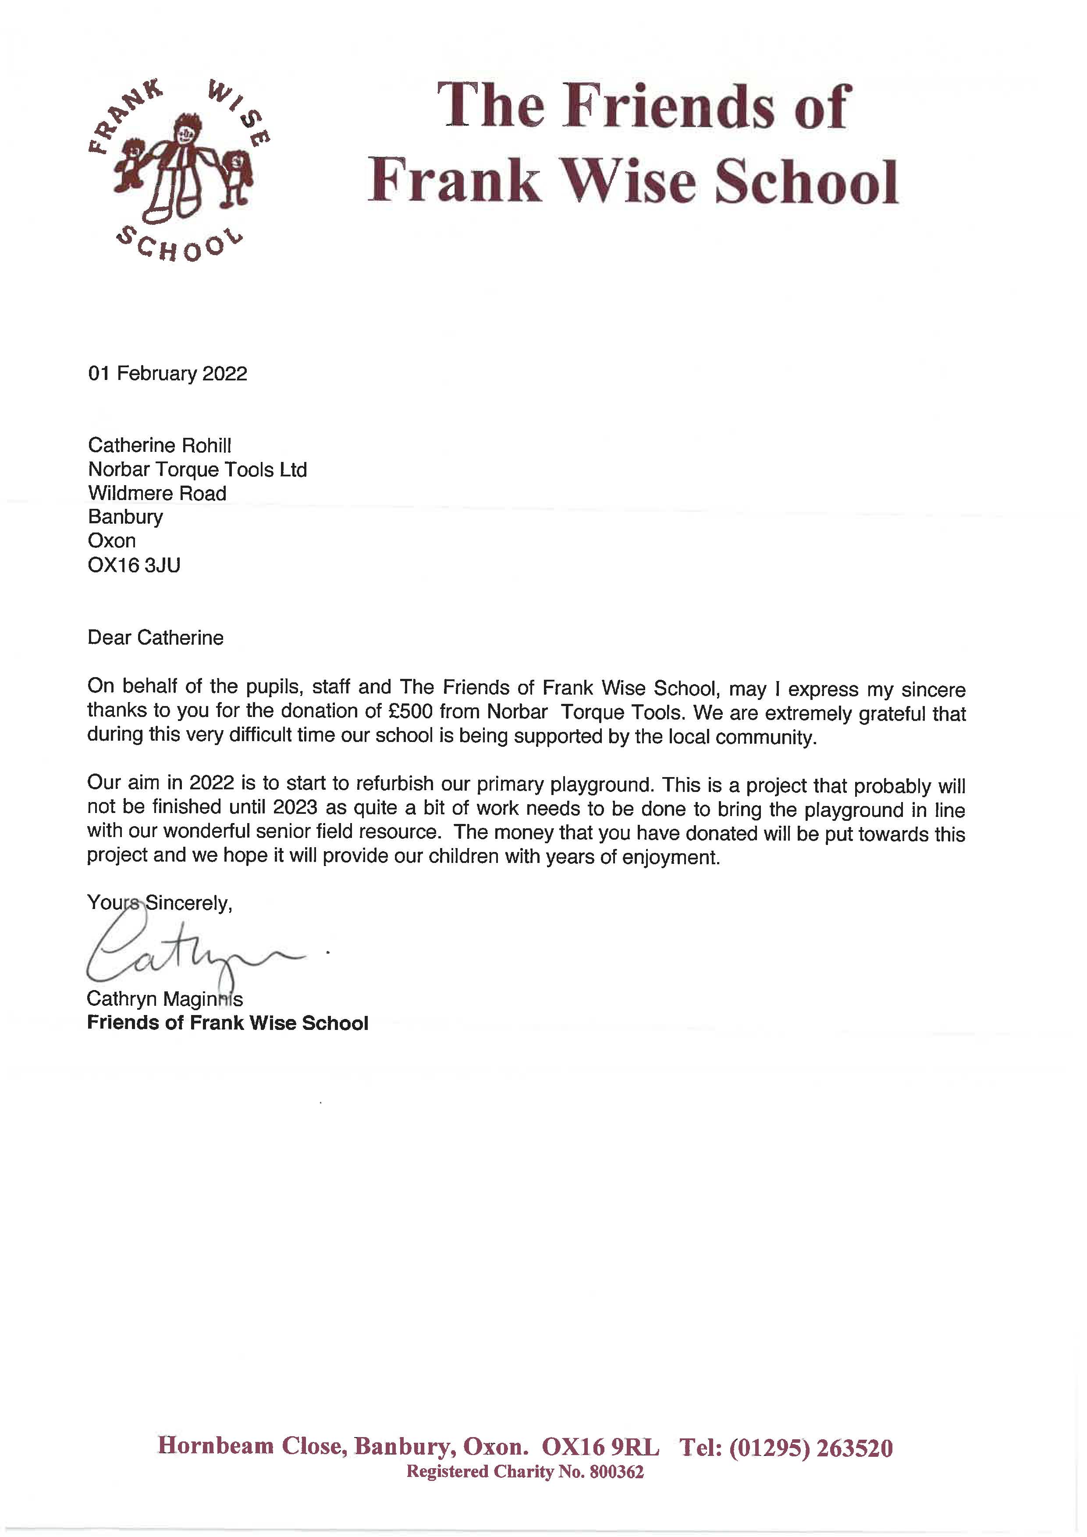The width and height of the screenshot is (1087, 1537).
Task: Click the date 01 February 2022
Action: [x=167, y=373]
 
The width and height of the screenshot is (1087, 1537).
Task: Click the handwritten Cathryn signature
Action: [x=194, y=951]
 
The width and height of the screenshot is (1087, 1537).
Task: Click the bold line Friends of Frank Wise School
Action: [x=227, y=1023]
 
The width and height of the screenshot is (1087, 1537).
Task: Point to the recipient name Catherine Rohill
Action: [x=159, y=445]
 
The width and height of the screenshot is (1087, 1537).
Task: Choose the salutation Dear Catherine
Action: [x=155, y=637]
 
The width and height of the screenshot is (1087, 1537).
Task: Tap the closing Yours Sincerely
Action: [x=159, y=903]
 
